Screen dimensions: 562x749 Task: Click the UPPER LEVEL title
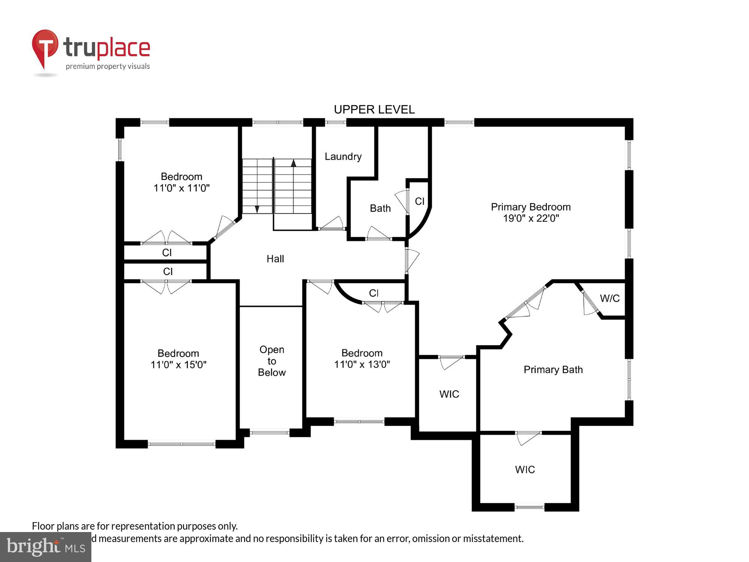click(374, 109)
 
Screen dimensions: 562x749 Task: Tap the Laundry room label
click(343, 157)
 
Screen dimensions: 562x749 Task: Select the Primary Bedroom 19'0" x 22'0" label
click(531, 212)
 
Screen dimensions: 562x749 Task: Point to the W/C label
click(610, 299)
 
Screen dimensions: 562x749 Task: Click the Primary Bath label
click(553, 370)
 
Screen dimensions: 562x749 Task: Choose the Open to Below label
click(272, 361)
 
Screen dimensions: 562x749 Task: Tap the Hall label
click(275, 259)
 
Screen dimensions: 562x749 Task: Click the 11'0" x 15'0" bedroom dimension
click(179, 365)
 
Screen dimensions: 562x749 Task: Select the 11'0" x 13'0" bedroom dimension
click(362, 364)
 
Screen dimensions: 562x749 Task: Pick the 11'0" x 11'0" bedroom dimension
click(182, 188)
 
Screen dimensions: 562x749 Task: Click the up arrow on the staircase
click(294, 163)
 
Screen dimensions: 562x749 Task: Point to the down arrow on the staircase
click(257, 209)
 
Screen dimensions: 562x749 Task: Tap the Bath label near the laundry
click(380, 208)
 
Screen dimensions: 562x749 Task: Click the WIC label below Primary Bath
click(525, 470)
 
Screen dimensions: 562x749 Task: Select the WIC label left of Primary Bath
click(449, 394)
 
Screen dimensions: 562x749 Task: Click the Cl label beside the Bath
click(420, 202)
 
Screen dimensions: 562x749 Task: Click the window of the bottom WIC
click(529, 507)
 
